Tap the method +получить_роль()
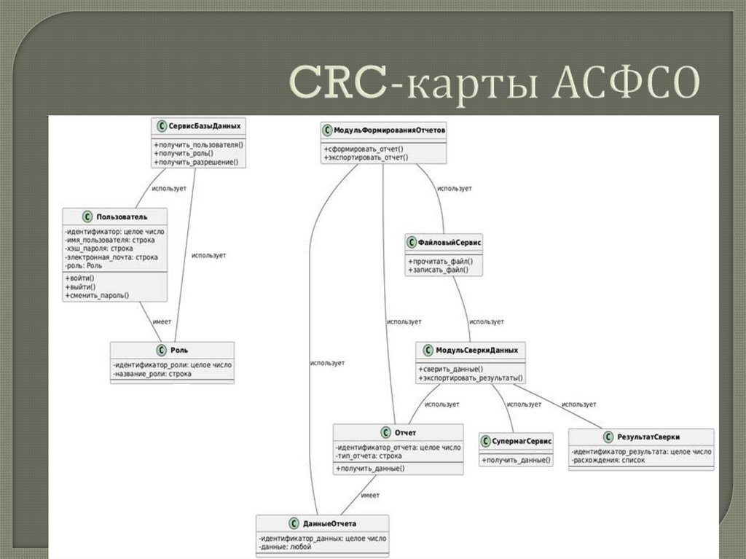click(184, 153)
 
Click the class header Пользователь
click(122, 216)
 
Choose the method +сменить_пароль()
click(97, 295)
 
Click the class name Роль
click(178, 350)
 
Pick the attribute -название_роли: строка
click(152, 374)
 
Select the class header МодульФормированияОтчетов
click(390, 130)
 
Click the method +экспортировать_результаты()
click(471, 378)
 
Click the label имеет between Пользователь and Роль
click(162, 321)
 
